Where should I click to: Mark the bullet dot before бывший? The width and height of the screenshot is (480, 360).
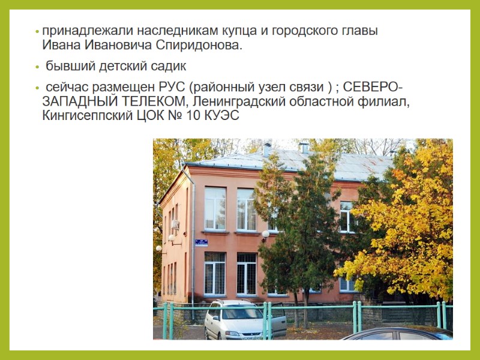click(x=38, y=66)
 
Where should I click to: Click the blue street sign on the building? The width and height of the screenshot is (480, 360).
click(x=201, y=242)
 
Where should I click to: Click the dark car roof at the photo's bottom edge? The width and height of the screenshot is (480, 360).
click(x=396, y=333)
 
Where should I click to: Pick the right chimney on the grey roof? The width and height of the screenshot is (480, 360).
click(x=305, y=147)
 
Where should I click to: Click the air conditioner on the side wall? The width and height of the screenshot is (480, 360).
click(x=175, y=224)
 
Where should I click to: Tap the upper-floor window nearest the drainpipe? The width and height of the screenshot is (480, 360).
click(x=215, y=208)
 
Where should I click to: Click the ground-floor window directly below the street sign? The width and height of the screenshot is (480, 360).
click(x=215, y=273)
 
